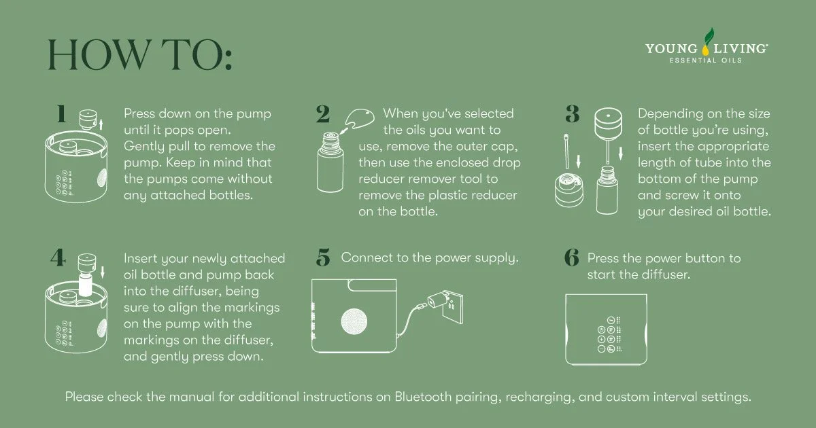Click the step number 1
tap(62, 113)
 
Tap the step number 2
tap(323, 114)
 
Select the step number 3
tap(573, 114)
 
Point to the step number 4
tap(58, 258)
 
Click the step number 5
tap(323, 257)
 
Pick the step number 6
tap(572, 257)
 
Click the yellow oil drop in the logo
tap(706, 49)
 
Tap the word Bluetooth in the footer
tap(423, 396)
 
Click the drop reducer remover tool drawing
tap(360, 119)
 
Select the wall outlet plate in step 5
tap(452, 307)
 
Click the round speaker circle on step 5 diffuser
tap(354, 321)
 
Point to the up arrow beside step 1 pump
tap(101, 124)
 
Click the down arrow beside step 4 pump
tap(103, 272)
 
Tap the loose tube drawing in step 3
tap(566, 151)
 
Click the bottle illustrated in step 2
tap(330, 162)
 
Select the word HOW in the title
tap(99, 54)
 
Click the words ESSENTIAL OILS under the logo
tap(706, 60)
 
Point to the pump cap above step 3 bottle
tap(608, 123)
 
